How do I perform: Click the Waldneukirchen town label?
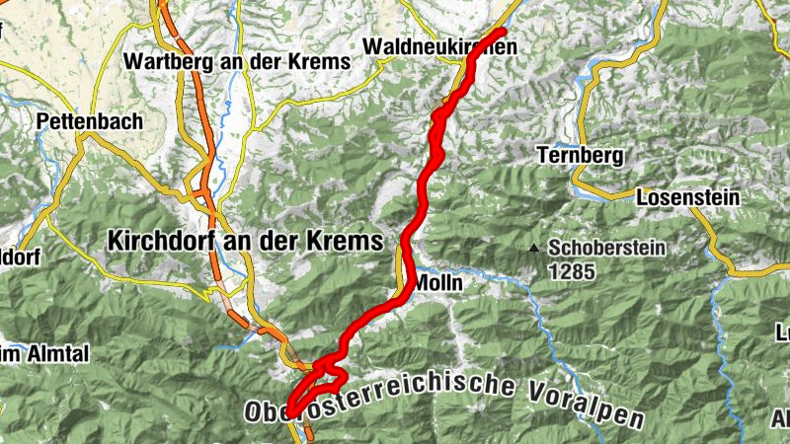pos(439,46)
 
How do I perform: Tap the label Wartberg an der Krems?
pos(237,61)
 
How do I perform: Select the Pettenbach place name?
pos(90,122)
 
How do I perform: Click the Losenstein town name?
pos(688,197)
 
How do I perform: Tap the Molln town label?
pos(437,282)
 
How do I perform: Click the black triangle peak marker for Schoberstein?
pos(534,248)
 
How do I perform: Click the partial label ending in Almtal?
pos(30,353)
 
